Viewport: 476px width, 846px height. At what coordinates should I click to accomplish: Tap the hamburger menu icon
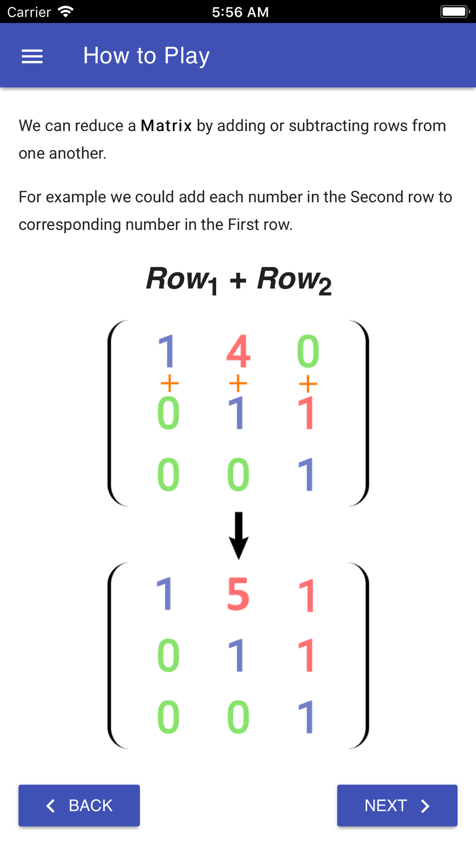(x=32, y=57)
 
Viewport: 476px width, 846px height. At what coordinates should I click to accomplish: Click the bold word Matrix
(x=167, y=126)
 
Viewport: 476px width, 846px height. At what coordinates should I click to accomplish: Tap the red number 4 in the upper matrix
(x=238, y=351)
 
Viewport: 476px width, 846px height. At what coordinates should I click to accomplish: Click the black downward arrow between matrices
(x=238, y=535)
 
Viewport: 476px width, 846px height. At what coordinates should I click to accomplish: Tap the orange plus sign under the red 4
(x=238, y=383)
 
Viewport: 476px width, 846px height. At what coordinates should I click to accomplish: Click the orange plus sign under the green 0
(x=308, y=384)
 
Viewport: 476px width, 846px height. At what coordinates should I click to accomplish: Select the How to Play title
(x=147, y=56)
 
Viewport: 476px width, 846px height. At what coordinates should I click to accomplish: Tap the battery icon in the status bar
(x=455, y=11)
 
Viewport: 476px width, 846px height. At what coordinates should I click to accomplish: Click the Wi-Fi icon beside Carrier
(x=66, y=11)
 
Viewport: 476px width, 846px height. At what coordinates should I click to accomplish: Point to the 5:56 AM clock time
(x=240, y=12)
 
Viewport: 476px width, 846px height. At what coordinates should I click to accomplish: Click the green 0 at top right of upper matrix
(x=308, y=351)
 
